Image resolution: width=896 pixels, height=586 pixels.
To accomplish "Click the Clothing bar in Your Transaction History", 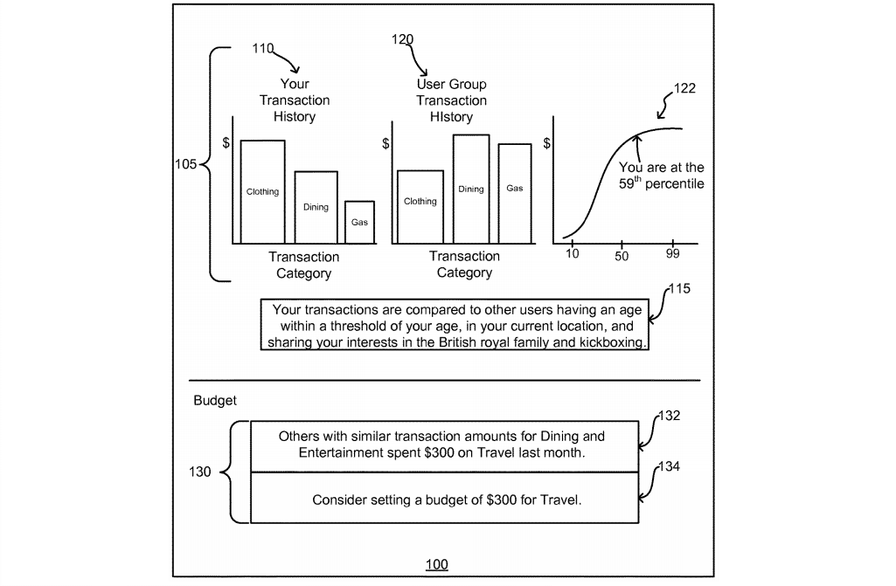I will click(x=263, y=191).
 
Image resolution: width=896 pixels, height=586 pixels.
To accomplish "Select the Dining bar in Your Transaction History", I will click(x=316, y=207).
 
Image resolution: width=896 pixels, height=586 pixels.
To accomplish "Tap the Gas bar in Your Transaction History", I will click(x=359, y=222).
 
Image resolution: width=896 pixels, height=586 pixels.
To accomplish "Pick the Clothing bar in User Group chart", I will click(x=420, y=206).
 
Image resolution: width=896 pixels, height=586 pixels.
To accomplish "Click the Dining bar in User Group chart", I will click(x=470, y=189).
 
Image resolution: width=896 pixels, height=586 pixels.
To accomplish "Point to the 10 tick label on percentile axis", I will click(x=573, y=254).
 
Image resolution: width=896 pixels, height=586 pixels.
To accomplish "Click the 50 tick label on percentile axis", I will click(x=622, y=256).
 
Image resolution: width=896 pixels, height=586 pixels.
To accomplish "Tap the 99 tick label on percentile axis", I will click(x=672, y=254).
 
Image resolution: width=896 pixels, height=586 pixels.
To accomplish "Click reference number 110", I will click(x=263, y=49).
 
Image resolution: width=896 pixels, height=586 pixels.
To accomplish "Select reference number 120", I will click(x=403, y=40).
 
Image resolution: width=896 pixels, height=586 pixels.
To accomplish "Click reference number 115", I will click(x=678, y=289).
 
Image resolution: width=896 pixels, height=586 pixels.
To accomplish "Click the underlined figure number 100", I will click(x=436, y=564).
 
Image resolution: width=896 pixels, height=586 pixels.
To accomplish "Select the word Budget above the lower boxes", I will click(x=215, y=401).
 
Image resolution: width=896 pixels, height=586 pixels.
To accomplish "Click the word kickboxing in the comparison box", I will click(x=614, y=342).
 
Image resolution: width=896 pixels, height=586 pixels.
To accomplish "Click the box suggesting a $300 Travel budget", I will click(x=447, y=500).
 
